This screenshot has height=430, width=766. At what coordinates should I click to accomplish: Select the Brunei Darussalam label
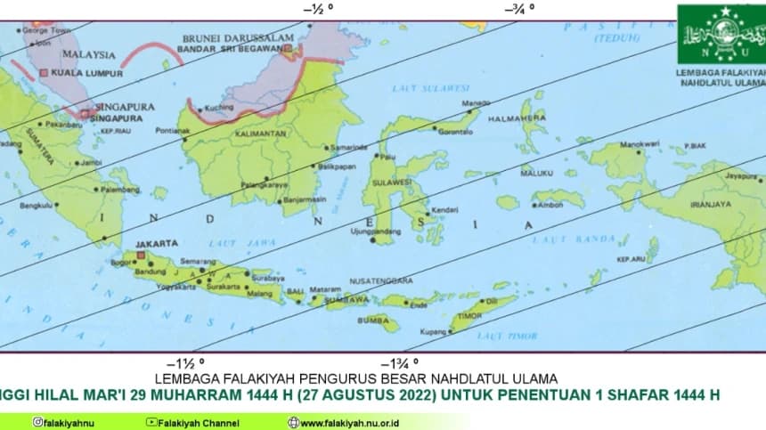tap(238, 38)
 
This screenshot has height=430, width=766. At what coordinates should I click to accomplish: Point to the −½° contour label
tap(318, 8)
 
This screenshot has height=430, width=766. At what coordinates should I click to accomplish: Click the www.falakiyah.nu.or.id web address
tap(349, 422)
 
